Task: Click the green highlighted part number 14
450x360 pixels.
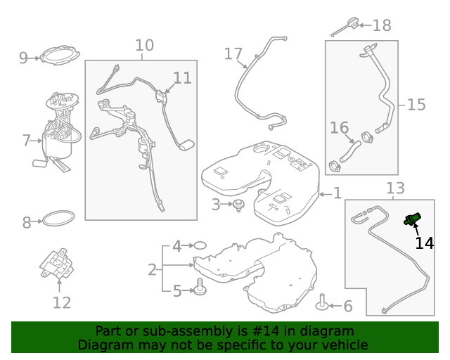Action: [x=412, y=219]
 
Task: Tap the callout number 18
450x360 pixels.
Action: [x=382, y=25]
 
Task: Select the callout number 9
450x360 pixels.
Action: [x=23, y=58]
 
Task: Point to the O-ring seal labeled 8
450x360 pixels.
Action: [x=58, y=219]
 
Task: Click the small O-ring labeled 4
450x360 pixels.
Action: [x=200, y=245]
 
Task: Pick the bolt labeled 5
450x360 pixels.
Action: [x=200, y=287]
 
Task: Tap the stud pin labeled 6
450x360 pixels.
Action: [x=322, y=302]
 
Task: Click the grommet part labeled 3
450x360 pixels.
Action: [x=238, y=205]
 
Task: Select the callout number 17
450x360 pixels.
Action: [x=233, y=54]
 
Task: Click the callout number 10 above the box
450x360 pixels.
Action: [x=144, y=46]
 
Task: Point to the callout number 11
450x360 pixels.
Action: [x=182, y=78]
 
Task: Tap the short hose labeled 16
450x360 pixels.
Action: [x=350, y=151]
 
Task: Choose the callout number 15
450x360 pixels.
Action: [x=416, y=105]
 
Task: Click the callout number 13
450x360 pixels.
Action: [x=395, y=188]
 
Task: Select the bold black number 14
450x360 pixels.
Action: [x=425, y=243]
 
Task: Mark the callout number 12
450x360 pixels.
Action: [x=62, y=303]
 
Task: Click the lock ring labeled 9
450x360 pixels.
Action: [x=60, y=55]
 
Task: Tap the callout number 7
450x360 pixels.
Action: [x=26, y=141]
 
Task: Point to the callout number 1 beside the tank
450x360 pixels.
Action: [x=337, y=193]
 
